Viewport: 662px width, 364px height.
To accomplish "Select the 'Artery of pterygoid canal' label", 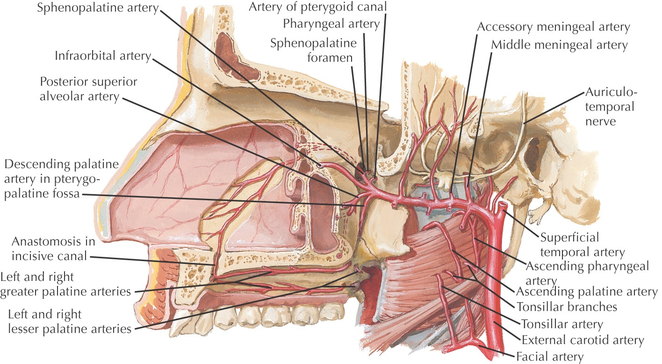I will click(318, 7).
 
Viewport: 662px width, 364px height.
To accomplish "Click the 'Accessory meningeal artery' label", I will click(554, 27).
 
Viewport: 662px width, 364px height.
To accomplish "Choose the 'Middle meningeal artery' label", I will click(559, 45).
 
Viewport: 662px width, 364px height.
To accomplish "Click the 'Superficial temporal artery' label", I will click(582, 245).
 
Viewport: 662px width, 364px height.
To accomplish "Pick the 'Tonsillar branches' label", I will click(567, 307).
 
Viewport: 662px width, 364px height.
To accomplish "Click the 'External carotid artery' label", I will click(583, 340).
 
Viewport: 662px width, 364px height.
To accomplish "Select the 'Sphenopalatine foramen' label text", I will click(313, 51).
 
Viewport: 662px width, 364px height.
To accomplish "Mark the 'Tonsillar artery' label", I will click(561, 324).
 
